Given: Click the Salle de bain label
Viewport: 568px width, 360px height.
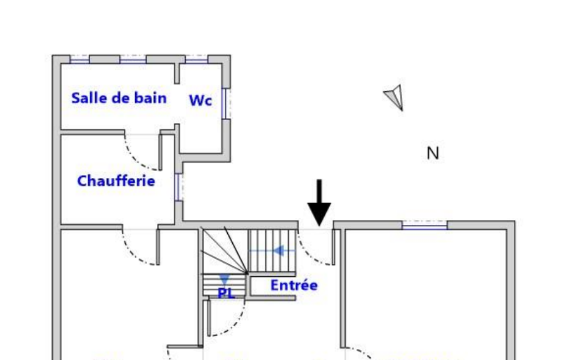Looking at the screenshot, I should [119, 99].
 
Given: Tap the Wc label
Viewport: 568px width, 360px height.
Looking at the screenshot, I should [200, 101].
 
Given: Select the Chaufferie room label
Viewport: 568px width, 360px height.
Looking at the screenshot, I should [116, 181].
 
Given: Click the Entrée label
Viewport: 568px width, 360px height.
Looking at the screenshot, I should [294, 286].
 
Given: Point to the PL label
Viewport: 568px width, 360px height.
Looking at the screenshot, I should [226, 293].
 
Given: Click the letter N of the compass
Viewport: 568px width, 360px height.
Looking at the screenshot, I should [433, 153].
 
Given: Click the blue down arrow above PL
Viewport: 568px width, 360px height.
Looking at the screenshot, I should [224, 279].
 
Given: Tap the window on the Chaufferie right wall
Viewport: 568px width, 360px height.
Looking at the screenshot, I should [177, 187].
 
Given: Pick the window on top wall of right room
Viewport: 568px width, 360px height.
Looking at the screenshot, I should [424, 225].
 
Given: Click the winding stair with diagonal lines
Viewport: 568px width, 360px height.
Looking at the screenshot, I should [222, 252].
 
